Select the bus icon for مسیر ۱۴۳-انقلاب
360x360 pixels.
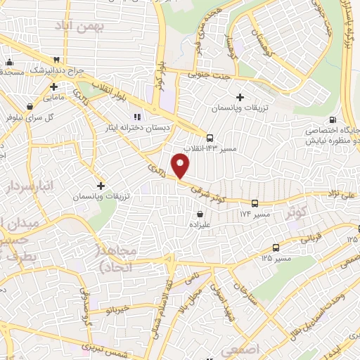tap(210, 136)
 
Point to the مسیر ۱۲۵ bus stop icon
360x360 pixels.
tap(275, 247)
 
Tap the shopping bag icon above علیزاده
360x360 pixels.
tap(201, 213)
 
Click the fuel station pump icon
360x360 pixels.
tap(333, 118)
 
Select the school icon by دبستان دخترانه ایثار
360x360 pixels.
tap(137, 116)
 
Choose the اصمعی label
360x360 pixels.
tap(240, 349)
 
